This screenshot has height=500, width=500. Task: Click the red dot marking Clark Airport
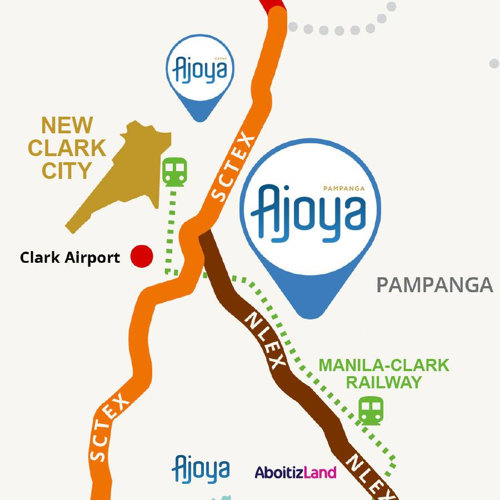click(142, 256)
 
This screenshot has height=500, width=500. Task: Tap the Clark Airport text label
click(70, 258)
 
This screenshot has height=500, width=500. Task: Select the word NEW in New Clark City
click(67, 126)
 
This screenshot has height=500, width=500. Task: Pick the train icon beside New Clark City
click(175, 172)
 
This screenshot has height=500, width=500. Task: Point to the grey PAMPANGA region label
click(434, 285)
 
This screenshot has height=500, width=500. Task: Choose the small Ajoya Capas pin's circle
click(200, 69)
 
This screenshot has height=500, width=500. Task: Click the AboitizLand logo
click(296, 472)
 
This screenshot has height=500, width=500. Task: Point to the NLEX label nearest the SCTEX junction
click(264, 339)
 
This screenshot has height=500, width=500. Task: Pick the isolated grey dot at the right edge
click(494, 64)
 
